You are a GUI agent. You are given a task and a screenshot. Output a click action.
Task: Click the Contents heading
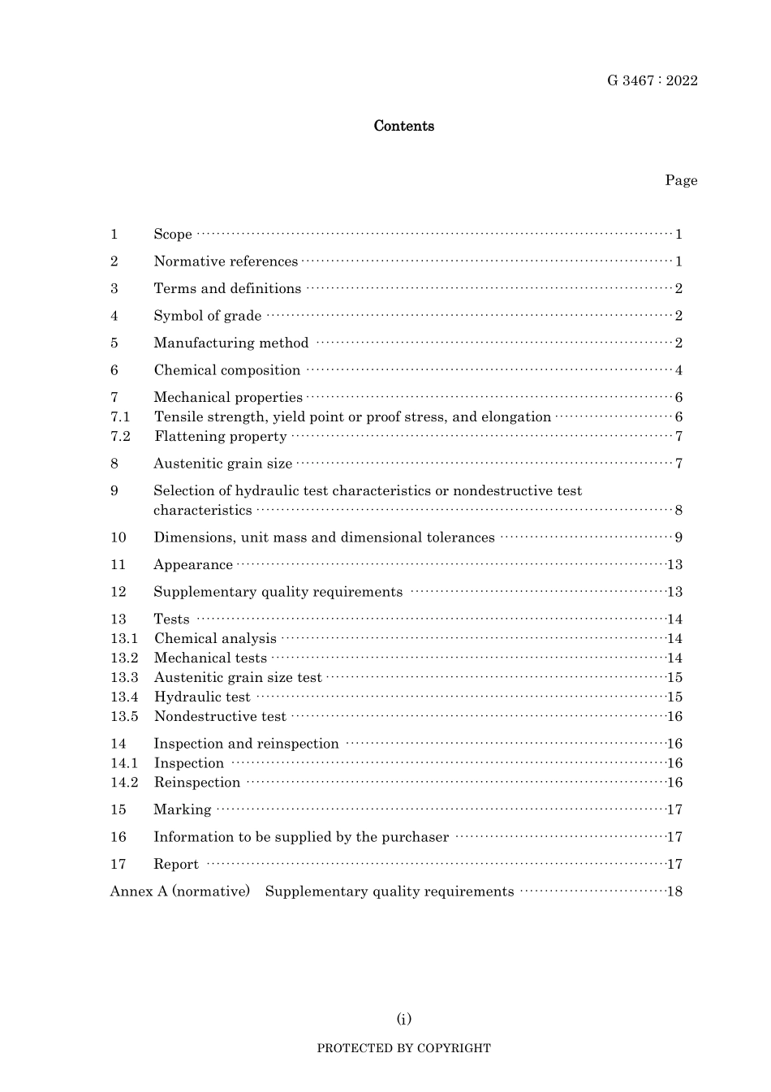point(403,126)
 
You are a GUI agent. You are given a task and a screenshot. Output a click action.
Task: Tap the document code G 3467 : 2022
point(652,80)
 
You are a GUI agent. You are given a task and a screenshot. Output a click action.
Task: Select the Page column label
point(681,180)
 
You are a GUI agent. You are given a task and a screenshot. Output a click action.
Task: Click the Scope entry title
point(173,235)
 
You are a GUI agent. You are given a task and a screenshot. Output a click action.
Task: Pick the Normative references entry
point(226,261)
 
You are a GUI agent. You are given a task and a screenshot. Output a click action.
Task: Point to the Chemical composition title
point(227,370)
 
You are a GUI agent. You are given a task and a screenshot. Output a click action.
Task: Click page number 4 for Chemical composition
point(678,371)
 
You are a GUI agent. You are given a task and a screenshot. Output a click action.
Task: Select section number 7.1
point(120,417)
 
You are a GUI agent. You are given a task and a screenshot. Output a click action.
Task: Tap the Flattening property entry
point(220,437)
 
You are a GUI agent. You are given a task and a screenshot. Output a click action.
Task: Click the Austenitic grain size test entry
point(238,678)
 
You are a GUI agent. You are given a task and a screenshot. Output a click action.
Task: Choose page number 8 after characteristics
point(678,511)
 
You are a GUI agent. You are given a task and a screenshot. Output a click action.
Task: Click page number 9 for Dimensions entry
point(678,537)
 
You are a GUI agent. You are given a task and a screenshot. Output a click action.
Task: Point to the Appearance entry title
point(193,565)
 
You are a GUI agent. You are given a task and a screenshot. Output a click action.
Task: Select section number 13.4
point(124,697)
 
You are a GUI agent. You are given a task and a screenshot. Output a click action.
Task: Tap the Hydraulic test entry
point(202,697)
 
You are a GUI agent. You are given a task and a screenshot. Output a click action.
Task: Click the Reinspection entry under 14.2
point(197,783)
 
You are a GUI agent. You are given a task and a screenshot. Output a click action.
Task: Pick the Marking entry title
point(183,810)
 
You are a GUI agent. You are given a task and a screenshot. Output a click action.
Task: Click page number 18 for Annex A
point(674,891)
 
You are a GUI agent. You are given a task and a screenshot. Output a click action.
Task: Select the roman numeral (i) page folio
point(404,1019)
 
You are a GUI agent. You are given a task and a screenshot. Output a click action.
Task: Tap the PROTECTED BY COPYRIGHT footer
point(403,1048)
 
